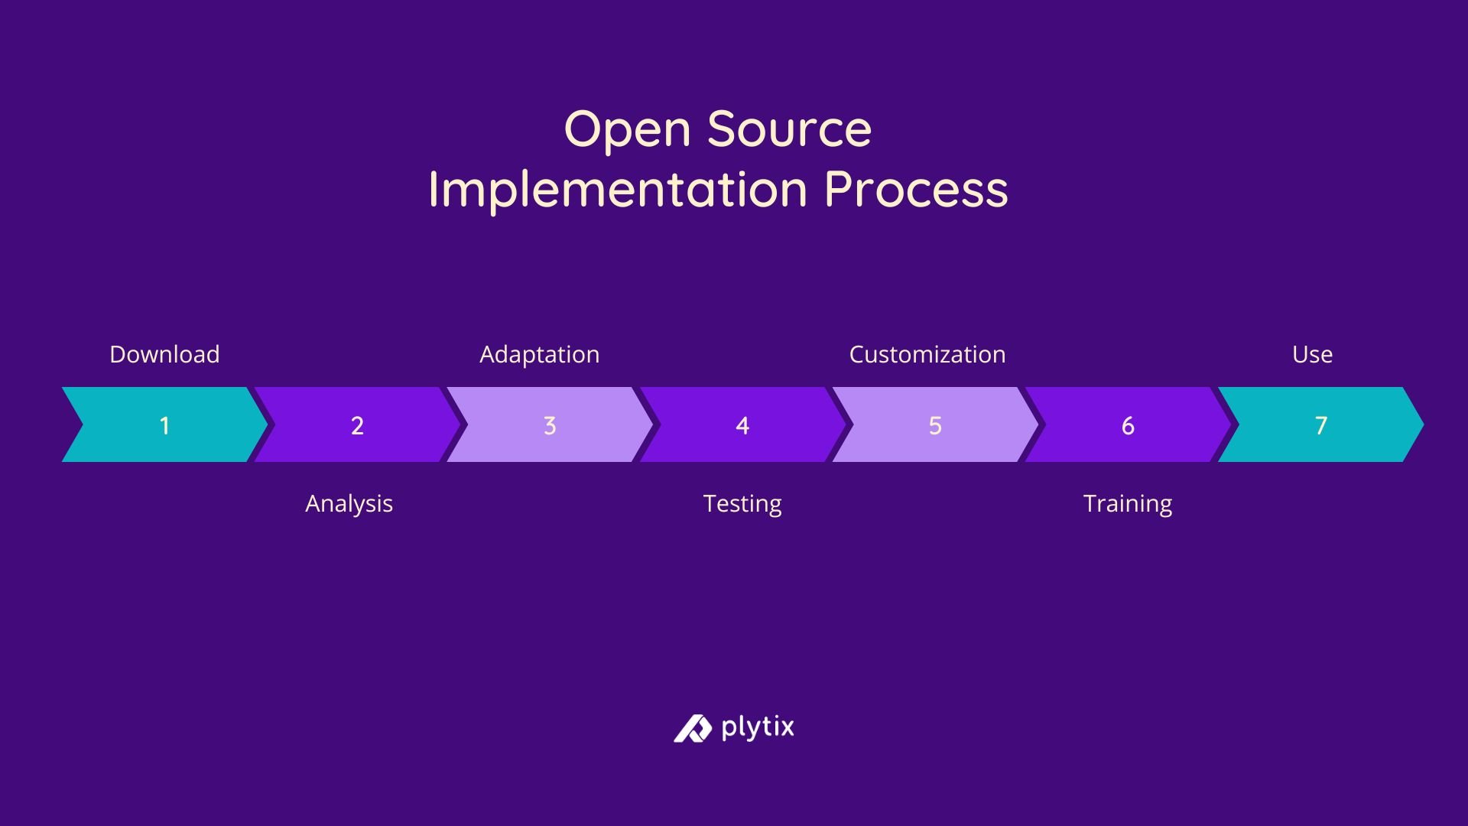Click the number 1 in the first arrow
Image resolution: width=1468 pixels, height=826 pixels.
click(164, 425)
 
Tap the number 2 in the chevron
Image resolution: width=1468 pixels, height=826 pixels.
click(357, 425)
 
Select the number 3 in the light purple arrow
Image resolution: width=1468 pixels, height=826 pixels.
click(550, 425)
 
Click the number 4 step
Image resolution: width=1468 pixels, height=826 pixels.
click(742, 425)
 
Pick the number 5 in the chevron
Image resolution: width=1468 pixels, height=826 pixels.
click(935, 425)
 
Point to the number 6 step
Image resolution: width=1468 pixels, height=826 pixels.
click(1128, 425)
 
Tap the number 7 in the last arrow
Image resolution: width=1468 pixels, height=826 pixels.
click(1320, 425)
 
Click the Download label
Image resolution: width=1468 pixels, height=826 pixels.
click(164, 354)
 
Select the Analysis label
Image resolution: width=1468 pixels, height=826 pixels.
click(349, 503)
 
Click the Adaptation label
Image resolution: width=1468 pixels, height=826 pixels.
click(539, 354)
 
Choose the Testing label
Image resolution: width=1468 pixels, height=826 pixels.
click(742, 503)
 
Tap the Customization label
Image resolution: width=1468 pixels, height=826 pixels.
click(927, 354)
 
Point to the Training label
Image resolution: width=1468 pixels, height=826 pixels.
click(1128, 503)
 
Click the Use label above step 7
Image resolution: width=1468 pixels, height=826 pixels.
click(1312, 354)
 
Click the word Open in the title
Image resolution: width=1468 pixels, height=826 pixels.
click(627, 130)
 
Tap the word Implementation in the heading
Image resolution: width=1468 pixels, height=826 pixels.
click(618, 190)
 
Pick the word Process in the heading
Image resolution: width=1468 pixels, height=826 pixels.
click(916, 190)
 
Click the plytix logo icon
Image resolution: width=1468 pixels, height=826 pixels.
click(693, 728)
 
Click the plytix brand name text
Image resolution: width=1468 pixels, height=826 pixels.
click(758, 727)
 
